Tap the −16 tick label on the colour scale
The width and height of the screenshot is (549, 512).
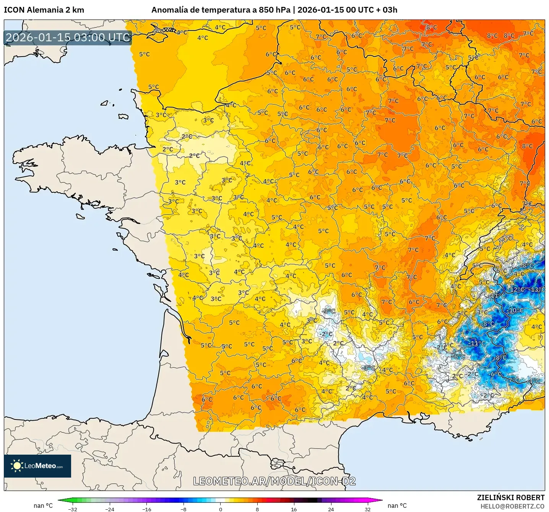[146, 509]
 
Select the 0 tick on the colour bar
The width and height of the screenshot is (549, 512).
[220, 509]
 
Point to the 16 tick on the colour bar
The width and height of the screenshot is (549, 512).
[294, 509]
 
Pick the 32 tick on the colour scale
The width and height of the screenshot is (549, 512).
[367, 509]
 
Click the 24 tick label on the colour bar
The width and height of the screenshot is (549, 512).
[331, 509]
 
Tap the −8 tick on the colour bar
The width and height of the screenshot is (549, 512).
[184, 509]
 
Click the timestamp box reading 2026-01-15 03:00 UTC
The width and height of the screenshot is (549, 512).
[68, 37]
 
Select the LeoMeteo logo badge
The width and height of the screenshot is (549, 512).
[37, 466]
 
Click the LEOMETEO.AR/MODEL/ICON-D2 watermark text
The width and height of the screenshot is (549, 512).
[274, 481]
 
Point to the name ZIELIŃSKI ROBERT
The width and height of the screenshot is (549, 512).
[510, 497]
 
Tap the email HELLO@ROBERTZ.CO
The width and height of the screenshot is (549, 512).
[512, 506]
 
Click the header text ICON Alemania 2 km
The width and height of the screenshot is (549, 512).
[44, 10]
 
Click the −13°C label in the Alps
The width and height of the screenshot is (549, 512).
[537, 289]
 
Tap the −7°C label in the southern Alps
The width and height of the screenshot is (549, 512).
[513, 380]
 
